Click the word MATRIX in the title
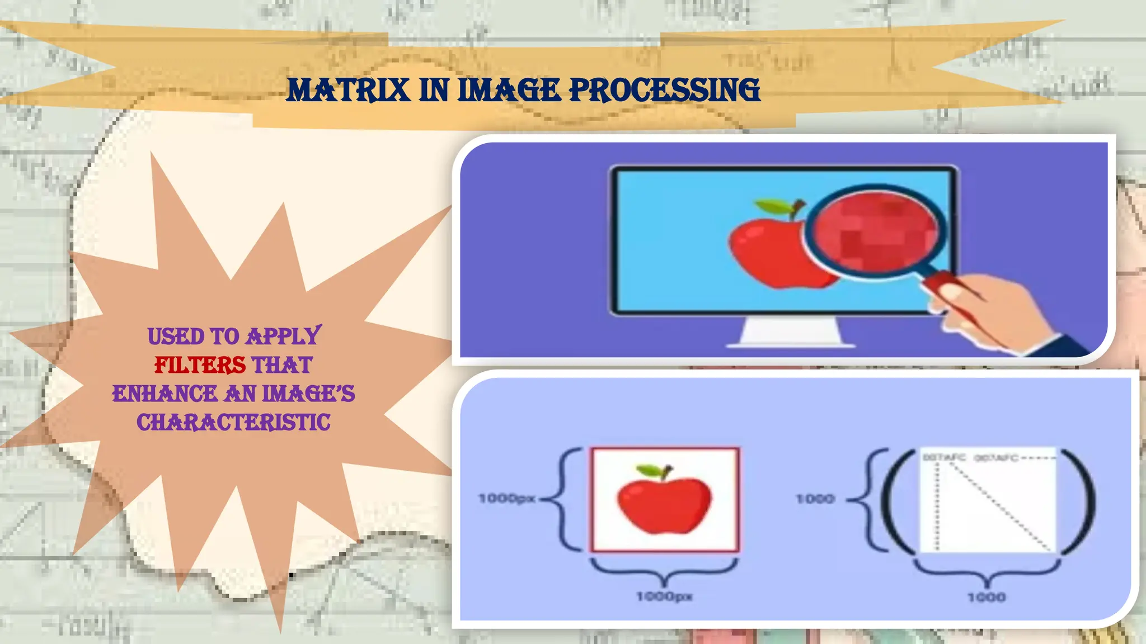coord(347,90)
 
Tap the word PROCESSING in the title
coord(664,90)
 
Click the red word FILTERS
coord(200,365)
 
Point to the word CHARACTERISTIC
coord(233,423)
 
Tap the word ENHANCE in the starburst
coord(165,394)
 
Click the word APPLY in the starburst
coord(284,336)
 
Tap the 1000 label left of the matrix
coord(815,499)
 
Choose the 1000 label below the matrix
coord(986,598)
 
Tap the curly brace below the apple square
coord(664,573)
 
